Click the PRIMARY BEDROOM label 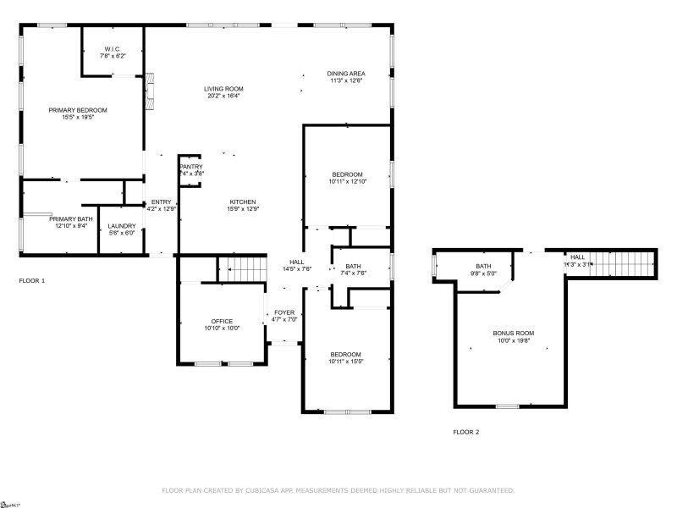[x=78, y=110]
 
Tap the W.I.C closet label [x=112, y=48]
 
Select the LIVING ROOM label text [x=223, y=89]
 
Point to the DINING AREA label [x=345, y=74]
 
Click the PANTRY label [x=191, y=167]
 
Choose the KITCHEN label [x=242, y=202]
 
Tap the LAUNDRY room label [x=122, y=225]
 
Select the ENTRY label [x=161, y=202]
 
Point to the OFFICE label [x=222, y=321]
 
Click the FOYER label [x=285, y=312]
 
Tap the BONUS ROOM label [x=514, y=333]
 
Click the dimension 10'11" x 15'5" [x=345, y=361]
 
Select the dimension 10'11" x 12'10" [x=345, y=181]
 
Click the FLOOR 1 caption [x=32, y=279]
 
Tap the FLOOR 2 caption [x=465, y=432]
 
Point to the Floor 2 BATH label [x=483, y=267]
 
